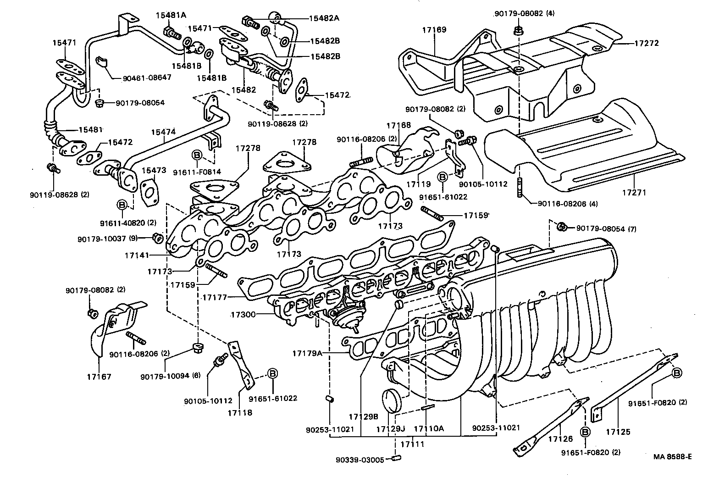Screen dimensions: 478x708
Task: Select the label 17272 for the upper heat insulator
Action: click(x=646, y=44)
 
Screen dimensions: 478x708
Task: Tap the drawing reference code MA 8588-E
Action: click(x=672, y=456)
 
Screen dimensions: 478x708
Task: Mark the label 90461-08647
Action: click(x=147, y=78)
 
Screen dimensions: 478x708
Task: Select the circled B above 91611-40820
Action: click(x=122, y=205)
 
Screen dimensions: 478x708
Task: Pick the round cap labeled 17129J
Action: click(x=391, y=400)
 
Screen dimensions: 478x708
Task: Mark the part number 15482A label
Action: click(x=324, y=18)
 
